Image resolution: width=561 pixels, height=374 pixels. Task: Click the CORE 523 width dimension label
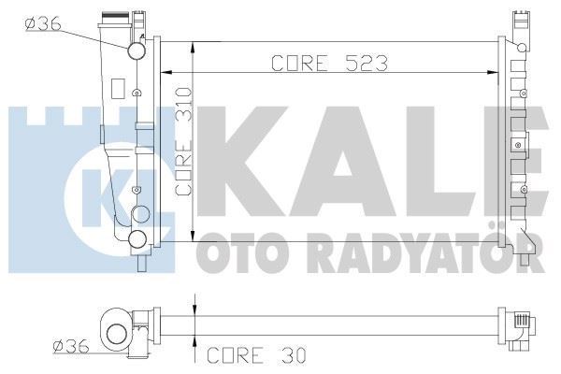click(329, 63)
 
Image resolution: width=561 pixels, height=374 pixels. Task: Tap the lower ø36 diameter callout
click(71, 347)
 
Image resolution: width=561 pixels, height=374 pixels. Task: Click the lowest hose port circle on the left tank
click(137, 239)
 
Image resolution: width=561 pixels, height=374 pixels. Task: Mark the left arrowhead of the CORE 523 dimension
click(165, 71)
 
